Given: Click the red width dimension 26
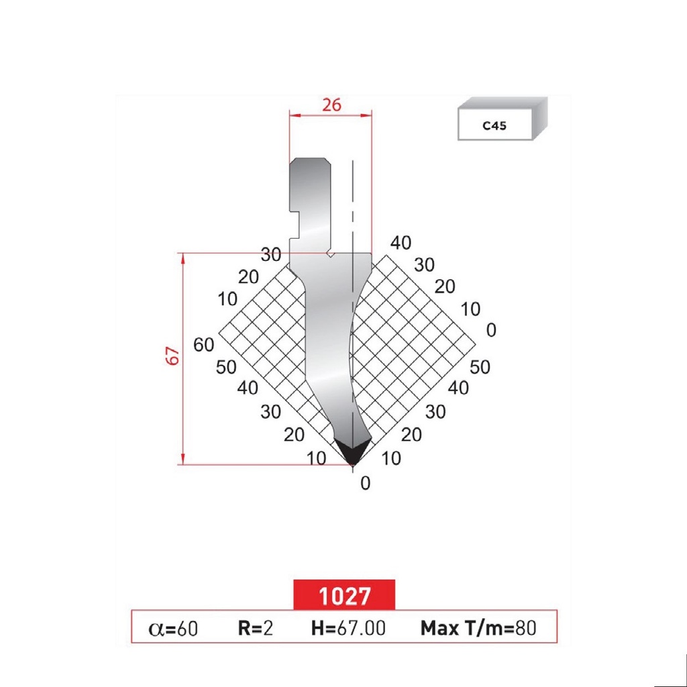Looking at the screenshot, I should coord(331,105).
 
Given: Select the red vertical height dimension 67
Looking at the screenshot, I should coord(174,356).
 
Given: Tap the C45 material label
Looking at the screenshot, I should coord(494,125).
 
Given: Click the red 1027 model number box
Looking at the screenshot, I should coord(344,595).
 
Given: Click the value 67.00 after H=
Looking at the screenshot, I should coord(361,629).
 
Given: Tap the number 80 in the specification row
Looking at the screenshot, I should coord(526,629).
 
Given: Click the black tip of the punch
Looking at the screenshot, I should coord(353,451).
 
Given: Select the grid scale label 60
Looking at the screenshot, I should coord(203,345).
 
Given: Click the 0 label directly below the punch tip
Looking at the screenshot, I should coord(365,483).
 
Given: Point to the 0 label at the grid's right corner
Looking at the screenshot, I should coord(491,330).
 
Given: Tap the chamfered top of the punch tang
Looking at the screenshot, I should coord(309,162).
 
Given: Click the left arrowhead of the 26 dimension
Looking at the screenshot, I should coord(293,115).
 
